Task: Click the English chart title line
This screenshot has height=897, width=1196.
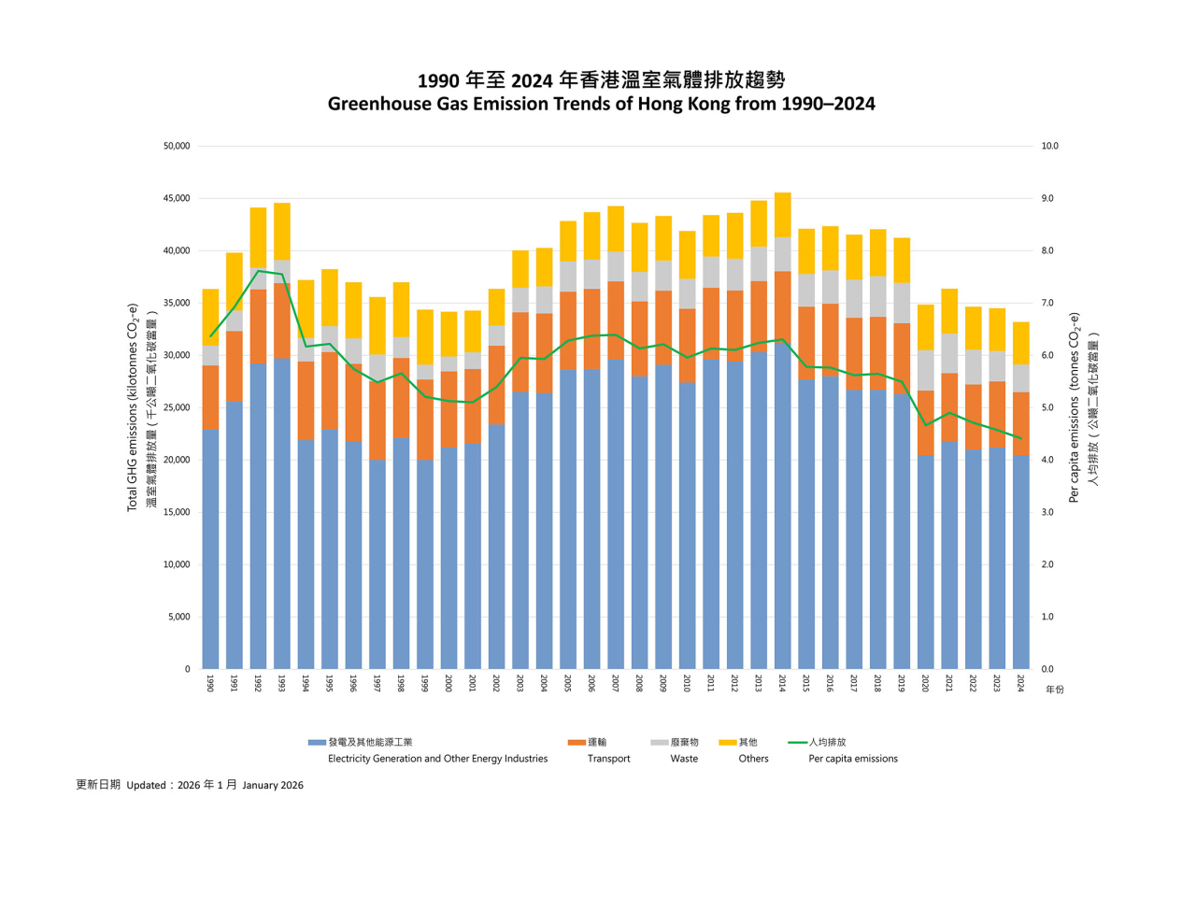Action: point(601,104)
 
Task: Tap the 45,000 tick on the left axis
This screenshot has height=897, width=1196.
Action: point(176,199)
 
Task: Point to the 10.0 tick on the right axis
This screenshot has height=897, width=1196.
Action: point(1049,147)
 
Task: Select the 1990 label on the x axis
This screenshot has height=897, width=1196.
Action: point(210,683)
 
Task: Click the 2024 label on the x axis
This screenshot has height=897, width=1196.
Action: point(1020,683)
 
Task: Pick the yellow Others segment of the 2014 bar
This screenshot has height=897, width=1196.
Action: point(783,215)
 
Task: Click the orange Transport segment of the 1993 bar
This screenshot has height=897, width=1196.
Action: point(281,320)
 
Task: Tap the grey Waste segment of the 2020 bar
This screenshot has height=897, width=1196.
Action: point(926,370)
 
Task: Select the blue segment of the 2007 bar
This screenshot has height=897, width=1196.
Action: point(616,514)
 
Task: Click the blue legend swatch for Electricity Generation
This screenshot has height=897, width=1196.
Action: point(317,743)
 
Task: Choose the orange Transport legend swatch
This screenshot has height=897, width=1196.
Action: point(577,743)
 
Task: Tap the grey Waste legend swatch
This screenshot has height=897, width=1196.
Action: point(660,743)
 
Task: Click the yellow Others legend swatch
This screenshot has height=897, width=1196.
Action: point(728,743)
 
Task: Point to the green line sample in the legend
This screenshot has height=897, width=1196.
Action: point(797,743)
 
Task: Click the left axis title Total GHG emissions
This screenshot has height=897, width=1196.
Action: point(133,407)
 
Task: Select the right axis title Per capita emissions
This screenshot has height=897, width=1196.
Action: point(1074,407)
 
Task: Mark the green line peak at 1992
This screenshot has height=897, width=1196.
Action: point(258,271)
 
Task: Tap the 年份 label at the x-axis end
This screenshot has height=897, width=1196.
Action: point(1054,690)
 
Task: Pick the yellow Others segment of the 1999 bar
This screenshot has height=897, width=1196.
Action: point(425,336)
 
